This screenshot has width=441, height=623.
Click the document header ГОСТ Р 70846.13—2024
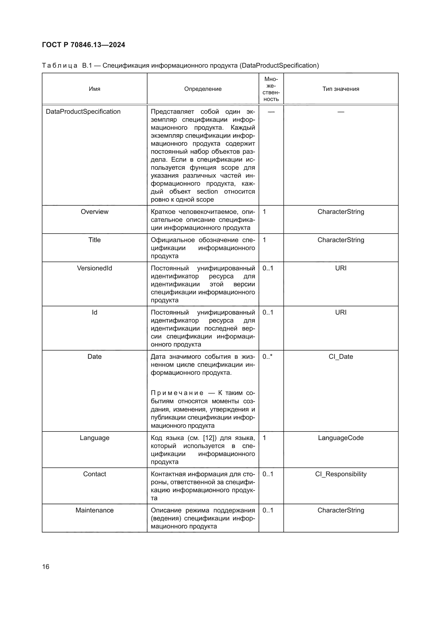(x=83, y=45)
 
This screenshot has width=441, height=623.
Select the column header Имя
(x=94, y=89)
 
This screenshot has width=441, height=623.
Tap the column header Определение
(x=203, y=89)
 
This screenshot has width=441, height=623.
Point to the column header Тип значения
(x=340, y=89)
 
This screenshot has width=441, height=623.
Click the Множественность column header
(x=271, y=89)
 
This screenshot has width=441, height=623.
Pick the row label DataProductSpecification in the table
(x=83, y=112)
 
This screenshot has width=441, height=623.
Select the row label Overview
(x=94, y=212)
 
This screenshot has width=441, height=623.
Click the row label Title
(x=94, y=240)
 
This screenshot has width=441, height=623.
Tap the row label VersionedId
(x=94, y=268)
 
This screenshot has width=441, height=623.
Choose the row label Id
(x=94, y=312)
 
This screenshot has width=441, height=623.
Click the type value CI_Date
(x=340, y=357)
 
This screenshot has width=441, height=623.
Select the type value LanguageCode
(x=340, y=438)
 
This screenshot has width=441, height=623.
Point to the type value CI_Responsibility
(x=340, y=474)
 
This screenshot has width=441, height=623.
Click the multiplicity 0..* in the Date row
(x=267, y=357)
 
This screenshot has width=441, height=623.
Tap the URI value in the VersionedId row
(x=340, y=268)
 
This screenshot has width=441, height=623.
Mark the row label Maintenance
(x=94, y=510)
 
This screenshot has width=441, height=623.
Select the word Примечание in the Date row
(x=177, y=393)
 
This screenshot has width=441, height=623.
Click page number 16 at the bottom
(x=46, y=567)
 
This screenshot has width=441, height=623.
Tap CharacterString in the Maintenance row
(x=340, y=510)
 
